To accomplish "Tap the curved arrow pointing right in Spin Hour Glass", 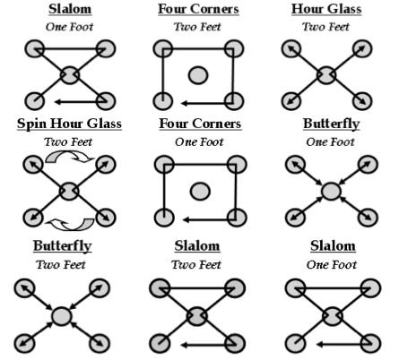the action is click(70, 154).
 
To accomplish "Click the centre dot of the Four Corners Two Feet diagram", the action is click(198, 75).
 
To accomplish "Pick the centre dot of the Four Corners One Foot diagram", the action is click(200, 191).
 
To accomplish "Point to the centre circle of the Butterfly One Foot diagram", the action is click(331, 191).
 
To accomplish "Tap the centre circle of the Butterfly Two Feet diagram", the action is click(61, 316).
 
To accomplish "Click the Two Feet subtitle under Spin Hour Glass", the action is click(68, 141).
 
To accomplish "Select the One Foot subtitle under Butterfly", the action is click(330, 141).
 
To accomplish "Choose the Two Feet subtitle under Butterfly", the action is click(61, 264).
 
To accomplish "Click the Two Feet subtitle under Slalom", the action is click(196, 264).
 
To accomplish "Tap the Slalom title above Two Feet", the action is click(197, 246).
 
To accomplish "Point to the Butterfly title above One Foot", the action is click(331, 124).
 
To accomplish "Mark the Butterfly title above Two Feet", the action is click(62, 246).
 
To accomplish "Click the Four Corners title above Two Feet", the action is click(198, 9).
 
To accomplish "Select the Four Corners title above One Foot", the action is click(200, 124).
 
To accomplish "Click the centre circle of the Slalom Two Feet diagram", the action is click(196, 316).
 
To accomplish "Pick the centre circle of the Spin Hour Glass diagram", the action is click(69, 191).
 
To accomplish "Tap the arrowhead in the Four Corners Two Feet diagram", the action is click(185, 103).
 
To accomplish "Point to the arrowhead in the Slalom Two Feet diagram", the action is click(185, 345).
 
